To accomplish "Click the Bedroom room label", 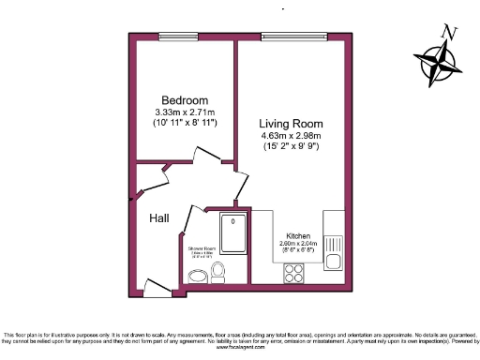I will point(185,100).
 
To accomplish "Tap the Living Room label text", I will point(292,123).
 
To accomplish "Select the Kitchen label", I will point(299,236).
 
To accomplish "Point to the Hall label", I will point(159,217).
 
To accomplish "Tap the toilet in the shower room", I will point(218,272).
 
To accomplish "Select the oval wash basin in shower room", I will point(197,276).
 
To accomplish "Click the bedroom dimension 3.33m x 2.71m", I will point(185,112).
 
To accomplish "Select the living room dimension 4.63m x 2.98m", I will point(292,135).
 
